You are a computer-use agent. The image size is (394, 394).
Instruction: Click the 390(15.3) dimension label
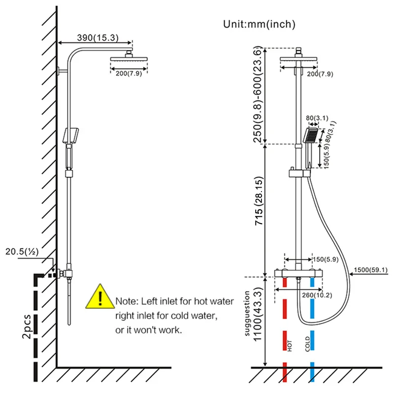point(96,37)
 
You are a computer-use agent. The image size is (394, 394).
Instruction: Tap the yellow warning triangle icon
point(99,298)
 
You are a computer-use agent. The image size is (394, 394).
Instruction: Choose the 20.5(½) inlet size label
point(23,252)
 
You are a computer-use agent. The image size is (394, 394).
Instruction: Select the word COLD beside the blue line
point(307,344)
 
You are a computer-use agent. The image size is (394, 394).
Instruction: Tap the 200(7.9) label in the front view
point(320,74)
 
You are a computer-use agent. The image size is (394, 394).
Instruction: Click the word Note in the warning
point(125,300)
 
